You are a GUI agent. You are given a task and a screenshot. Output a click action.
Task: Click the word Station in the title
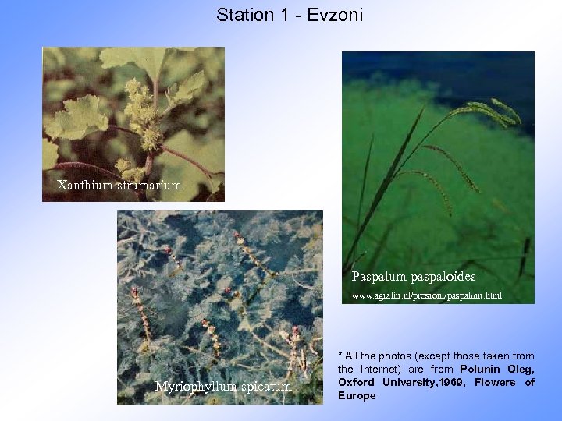[243, 15]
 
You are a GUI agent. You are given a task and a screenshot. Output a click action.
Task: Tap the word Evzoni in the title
[336, 15]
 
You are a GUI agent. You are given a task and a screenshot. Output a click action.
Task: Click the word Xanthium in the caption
[84, 186]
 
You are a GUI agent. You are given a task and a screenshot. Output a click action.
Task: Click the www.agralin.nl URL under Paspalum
[426, 296]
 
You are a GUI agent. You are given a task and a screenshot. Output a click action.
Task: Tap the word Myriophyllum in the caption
[194, 387]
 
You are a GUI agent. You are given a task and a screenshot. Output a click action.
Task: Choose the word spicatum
[265, 387]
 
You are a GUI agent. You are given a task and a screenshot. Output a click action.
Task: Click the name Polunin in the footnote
[481, 369]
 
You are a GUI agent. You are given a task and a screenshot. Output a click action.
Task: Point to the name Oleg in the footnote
[521, 369]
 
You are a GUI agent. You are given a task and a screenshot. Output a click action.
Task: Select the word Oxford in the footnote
[356, 382]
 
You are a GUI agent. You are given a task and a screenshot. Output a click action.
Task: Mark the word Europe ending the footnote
[357, 395]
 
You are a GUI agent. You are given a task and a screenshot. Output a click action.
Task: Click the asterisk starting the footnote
[340, 356]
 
